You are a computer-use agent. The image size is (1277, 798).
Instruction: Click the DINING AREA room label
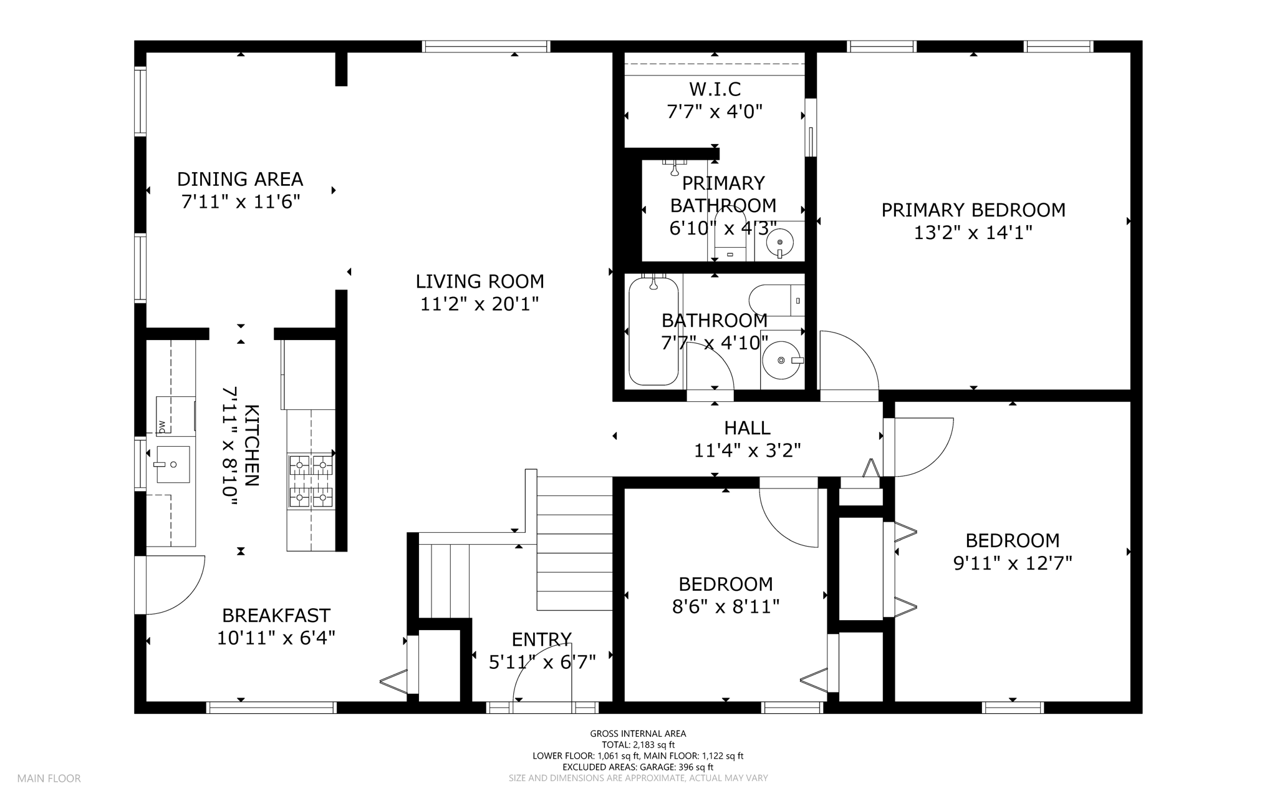pos(240,180)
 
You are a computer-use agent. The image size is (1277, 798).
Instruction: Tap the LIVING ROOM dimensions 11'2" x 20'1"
pos(479,304)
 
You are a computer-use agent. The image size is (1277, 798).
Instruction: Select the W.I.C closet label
pos(715,89)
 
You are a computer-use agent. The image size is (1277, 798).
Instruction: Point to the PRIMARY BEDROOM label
pos(973,210)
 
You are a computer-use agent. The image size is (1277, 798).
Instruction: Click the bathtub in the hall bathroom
pos(653,331)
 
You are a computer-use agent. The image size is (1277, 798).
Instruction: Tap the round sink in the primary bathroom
pos(779,241)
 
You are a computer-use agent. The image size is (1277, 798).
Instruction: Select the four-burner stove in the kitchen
pos(311,480)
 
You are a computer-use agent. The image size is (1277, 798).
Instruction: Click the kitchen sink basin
pos(172,464)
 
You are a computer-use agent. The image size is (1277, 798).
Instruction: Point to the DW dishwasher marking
pos(162,427)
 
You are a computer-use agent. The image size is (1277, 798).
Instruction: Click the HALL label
pos(747,428)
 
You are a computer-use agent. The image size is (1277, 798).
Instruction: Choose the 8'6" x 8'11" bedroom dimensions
pos(726,607)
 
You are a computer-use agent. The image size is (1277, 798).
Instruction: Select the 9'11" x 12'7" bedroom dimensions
pos(1013,563)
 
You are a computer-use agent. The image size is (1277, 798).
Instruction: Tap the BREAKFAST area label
pos(276,616)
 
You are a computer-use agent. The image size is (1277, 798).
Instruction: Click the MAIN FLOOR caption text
pos(49,779)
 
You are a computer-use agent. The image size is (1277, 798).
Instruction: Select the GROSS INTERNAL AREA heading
pos(638,734)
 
